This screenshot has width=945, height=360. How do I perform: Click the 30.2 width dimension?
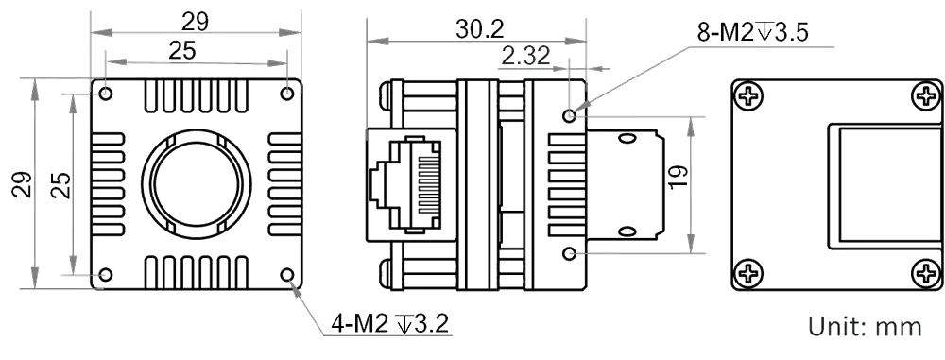tap(479, 29)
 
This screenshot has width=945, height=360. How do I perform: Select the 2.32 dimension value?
tap(525, 56)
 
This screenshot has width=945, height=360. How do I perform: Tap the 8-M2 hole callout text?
tap(752, 32)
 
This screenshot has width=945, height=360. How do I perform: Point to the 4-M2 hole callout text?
tap(389, 324)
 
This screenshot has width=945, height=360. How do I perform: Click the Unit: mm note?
tap(865, 326)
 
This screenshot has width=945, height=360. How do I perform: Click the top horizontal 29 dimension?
tap(195, 22)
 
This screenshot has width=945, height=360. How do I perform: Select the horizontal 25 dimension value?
tap(182, 51)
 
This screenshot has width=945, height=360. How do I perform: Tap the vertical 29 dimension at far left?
tap(22, 184)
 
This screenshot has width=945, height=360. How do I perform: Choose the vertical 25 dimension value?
tap(60, 185)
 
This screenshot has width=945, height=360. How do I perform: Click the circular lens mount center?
tap(197, 184)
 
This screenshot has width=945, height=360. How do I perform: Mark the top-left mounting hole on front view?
tap(106, 94)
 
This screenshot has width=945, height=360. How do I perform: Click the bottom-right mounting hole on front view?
tap(287, 275)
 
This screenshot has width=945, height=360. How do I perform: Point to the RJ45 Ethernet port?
tap(410, 184)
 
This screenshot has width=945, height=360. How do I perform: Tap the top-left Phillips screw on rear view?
tap(747, 95)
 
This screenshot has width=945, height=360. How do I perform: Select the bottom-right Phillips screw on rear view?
tap(926, 274)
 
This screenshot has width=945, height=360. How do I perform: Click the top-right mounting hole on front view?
tap(287, 94)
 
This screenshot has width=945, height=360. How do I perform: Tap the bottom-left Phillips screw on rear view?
tap(747, 274)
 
